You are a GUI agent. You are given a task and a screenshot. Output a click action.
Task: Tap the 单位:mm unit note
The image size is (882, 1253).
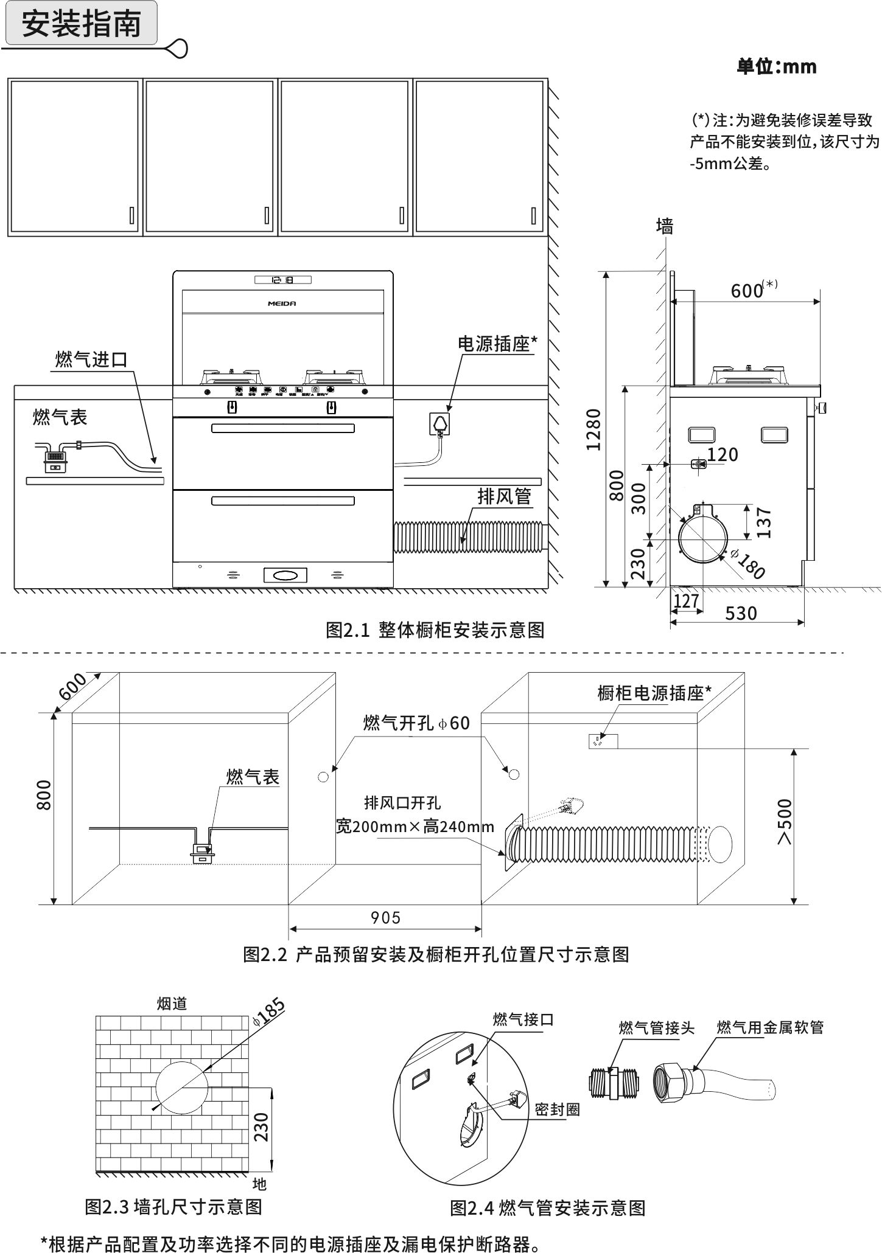(776, 66)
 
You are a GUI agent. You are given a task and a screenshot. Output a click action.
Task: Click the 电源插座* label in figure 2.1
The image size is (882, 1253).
(497, 344)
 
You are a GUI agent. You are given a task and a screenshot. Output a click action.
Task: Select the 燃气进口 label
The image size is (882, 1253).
(91, 359)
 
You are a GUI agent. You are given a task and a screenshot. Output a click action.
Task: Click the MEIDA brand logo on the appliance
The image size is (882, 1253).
(282, 303)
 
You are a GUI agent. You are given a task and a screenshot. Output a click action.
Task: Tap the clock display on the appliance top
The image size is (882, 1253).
(282, 280)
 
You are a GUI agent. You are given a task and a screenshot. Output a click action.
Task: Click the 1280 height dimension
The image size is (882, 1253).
(593, 429)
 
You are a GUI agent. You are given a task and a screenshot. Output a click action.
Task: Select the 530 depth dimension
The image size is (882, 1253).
(741, 613)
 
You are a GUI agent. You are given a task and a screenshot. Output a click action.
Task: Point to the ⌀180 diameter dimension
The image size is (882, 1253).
(747, 564)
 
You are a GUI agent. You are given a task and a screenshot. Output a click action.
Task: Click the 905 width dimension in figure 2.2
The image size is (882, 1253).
(386, 917)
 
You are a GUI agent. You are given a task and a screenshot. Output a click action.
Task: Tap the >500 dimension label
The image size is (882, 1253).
(785, 822)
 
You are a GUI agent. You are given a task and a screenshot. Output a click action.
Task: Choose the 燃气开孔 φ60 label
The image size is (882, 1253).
(416, 723)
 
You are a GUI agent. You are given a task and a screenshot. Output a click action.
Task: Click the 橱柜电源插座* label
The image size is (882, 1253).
(654, 693)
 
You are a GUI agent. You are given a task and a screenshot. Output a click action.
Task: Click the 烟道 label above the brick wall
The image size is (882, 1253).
(172, 1004)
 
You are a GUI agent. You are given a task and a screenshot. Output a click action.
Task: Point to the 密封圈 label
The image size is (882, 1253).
(557, 1109)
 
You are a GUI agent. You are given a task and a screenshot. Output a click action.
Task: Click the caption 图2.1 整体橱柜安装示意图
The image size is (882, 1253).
(435, 630)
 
